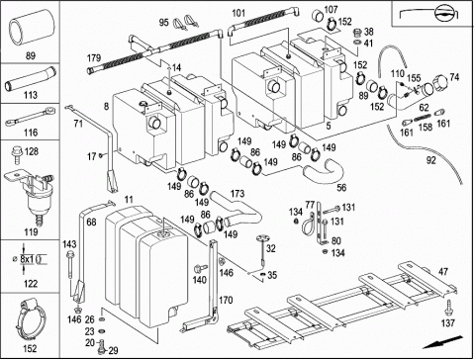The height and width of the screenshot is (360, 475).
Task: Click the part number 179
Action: coord(94,58)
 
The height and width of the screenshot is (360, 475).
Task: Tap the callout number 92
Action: coord(430,160)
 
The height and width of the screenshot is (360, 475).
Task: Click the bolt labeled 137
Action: coord(448,308)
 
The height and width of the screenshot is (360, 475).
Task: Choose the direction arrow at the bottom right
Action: coord(442,341)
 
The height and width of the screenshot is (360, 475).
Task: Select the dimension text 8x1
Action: coord(27,259)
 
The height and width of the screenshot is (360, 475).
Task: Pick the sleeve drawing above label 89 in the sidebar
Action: coord(31,27)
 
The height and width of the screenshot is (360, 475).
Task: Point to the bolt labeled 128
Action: coord(16,155)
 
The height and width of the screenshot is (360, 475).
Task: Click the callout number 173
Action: coord(237,194)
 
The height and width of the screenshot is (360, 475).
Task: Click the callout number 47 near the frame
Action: coord(443,272)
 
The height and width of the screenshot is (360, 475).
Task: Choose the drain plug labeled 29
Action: coord(101,345)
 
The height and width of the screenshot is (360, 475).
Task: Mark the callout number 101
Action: coord(238,13)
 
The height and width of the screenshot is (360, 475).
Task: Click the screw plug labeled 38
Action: coord(357,33)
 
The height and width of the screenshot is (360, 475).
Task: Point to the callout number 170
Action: coord(226,300)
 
